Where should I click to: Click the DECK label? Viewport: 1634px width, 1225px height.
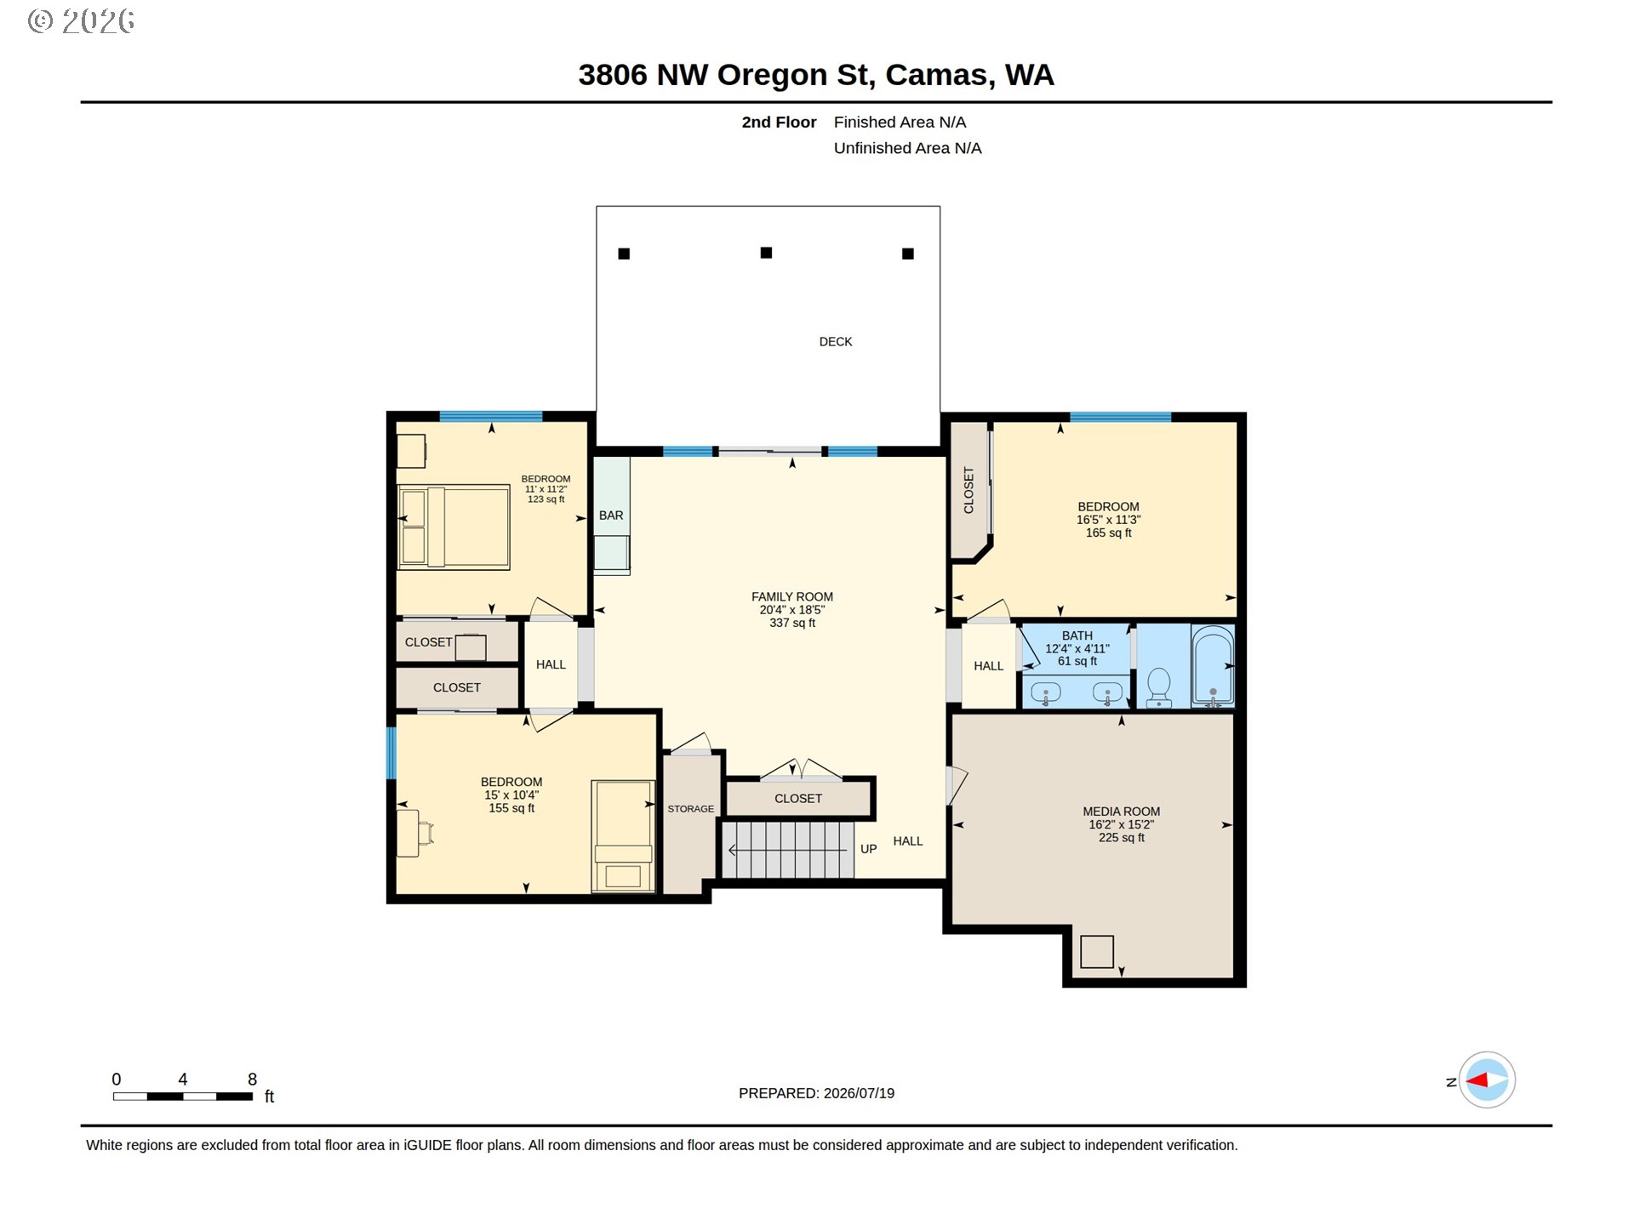click(835, 342)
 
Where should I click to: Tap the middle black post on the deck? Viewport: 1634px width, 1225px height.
click(766, 253)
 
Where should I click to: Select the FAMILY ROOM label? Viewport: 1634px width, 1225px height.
click(792, 597)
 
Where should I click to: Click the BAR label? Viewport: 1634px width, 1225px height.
click(611, 516)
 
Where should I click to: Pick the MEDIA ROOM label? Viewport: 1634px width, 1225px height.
click(1121, 812)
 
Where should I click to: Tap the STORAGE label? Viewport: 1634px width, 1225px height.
click(690, 809)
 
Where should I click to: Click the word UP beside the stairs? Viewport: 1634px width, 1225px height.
click(868, 849)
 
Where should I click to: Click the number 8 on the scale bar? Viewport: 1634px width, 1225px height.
click(252, 1079)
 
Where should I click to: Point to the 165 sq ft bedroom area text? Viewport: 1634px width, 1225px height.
click(1108, 533)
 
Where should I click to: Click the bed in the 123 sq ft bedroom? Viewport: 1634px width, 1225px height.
click(454, 527)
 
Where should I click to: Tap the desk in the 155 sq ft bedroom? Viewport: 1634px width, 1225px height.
click(408, 833)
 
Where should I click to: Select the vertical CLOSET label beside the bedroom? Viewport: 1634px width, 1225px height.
click(968, 490)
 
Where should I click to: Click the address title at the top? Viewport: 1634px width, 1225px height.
click(816, 75)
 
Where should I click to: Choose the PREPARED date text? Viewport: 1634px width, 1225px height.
click(816, 1093)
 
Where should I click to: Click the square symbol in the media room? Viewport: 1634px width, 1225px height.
click(1096, 952)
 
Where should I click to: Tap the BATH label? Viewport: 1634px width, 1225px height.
click(1077, 635)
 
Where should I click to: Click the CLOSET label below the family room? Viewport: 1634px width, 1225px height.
click(798, 799)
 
